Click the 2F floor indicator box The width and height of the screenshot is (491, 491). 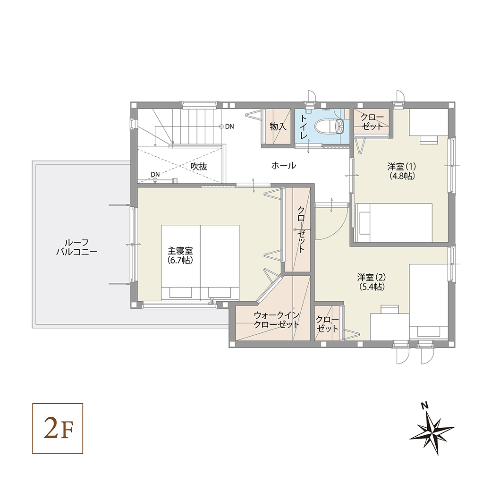tap(58, 429)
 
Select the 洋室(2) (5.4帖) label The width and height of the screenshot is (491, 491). tap(371, 281)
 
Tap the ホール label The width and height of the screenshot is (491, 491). tap(284, 166)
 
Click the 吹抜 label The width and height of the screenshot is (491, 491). tap(199, 166)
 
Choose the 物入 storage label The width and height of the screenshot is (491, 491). tap(278, 127)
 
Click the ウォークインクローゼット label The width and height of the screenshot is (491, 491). tap(276, 320)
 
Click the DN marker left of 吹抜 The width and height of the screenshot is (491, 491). tap(155, 174)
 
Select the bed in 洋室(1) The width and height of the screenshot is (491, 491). tap(393, 223)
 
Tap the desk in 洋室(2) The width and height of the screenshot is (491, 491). tap(389, 326)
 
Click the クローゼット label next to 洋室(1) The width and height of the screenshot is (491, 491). tap(372, 121)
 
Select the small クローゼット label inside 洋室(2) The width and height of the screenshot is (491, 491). tap(328, 324)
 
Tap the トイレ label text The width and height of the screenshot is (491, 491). tap(304, 126)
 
